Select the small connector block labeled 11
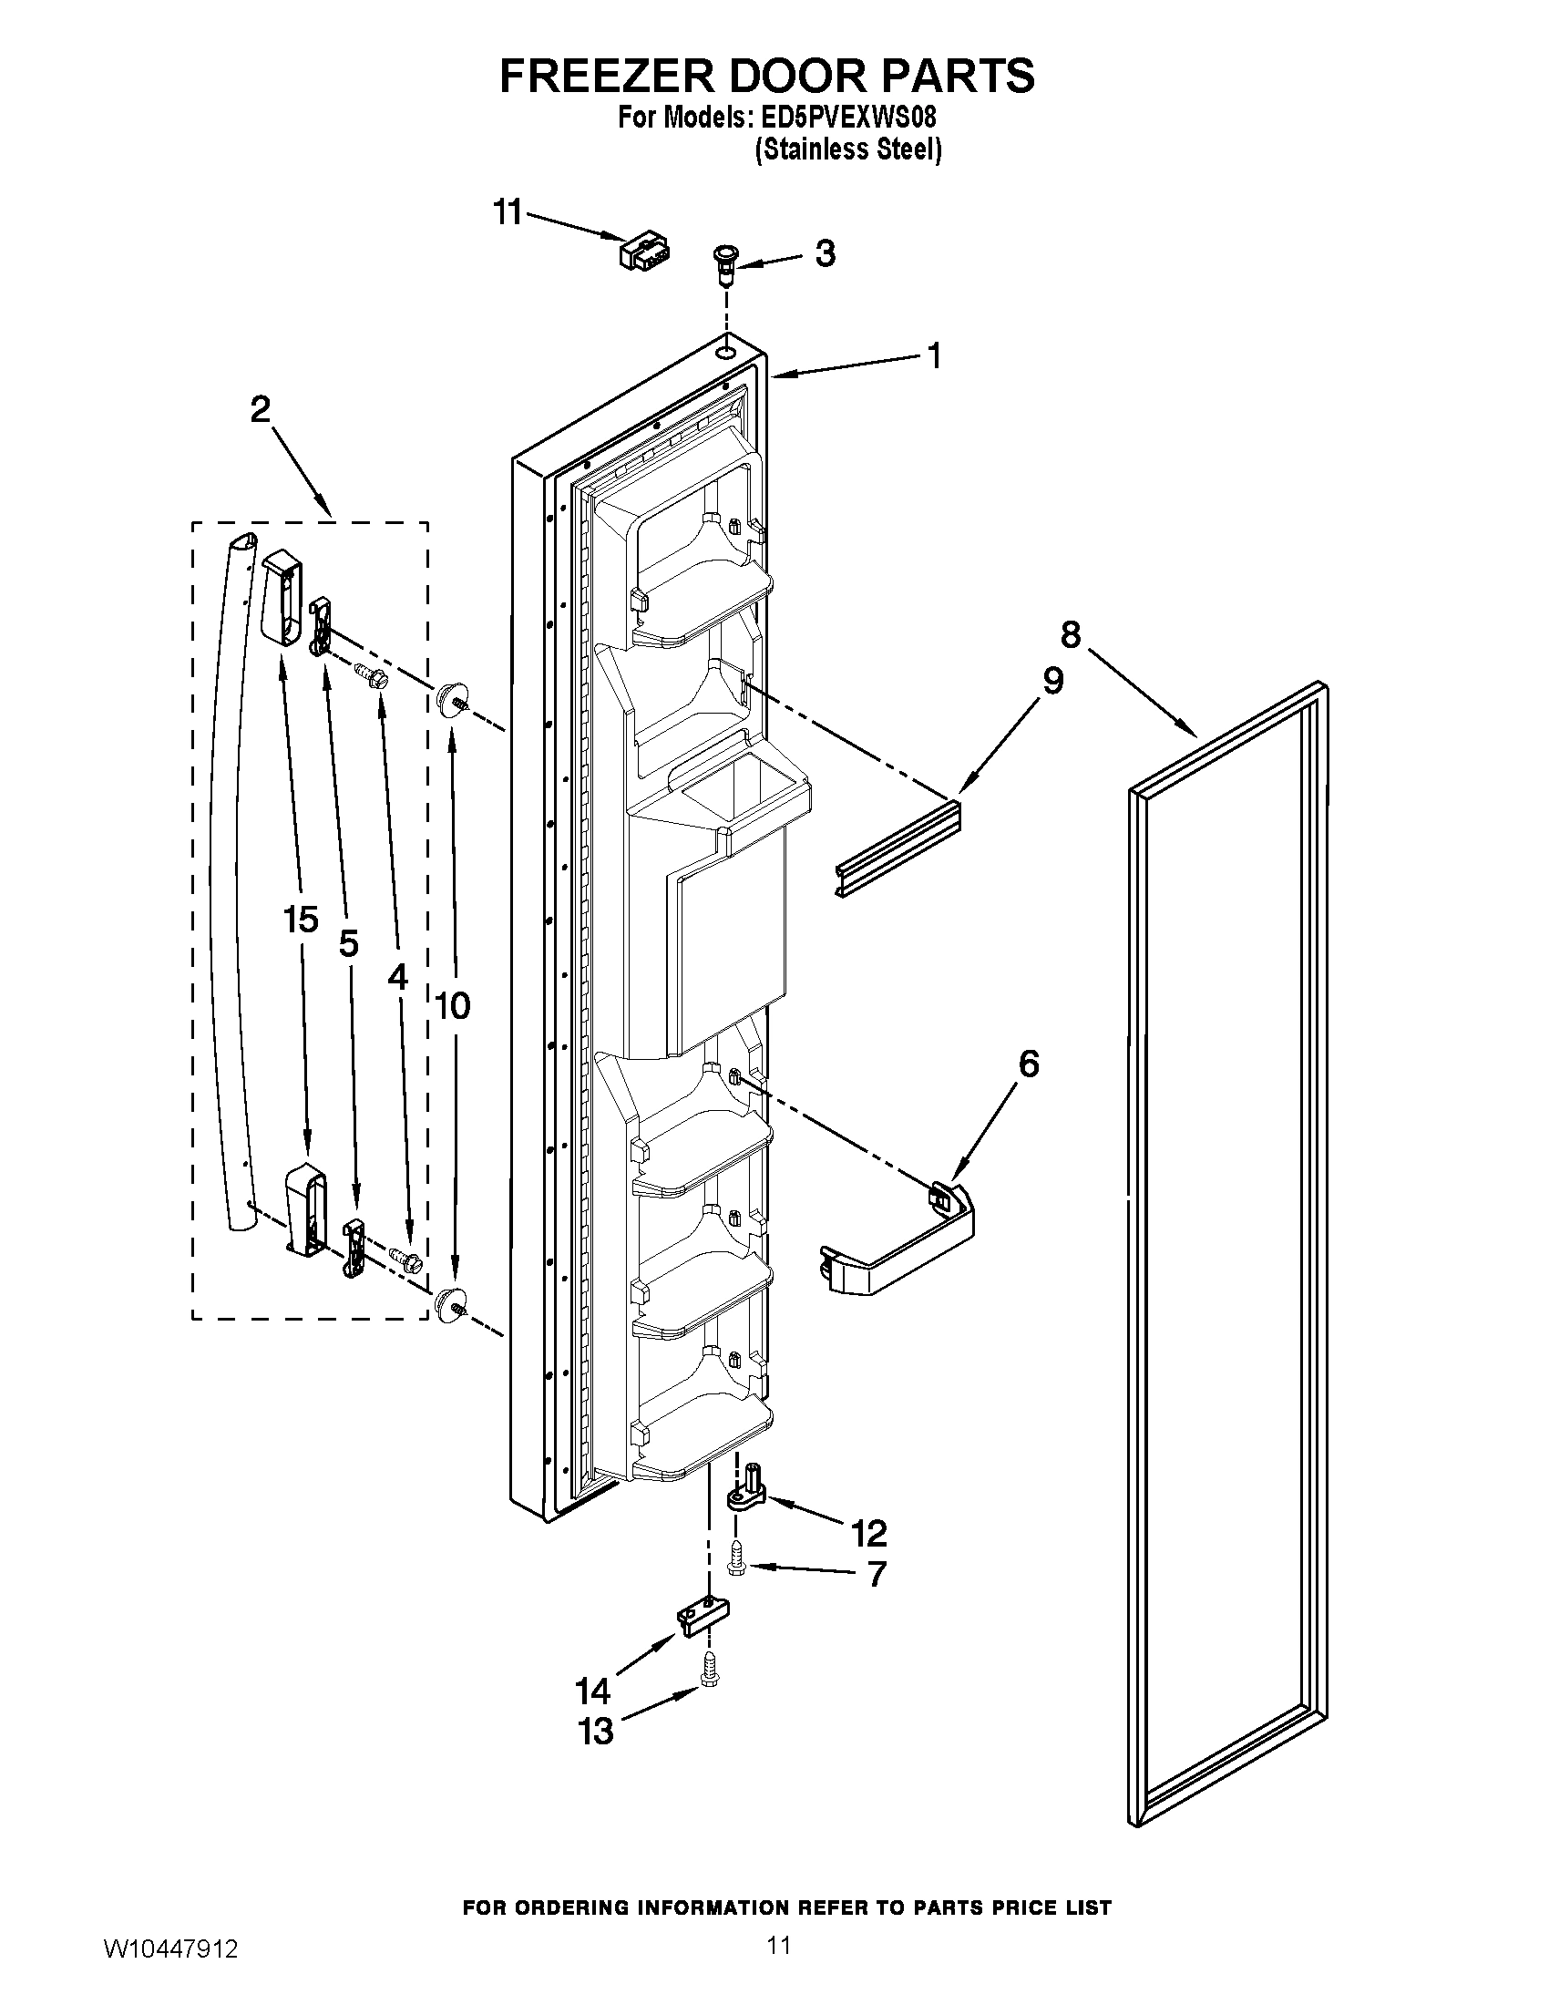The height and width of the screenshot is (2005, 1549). click(x=644, y=251)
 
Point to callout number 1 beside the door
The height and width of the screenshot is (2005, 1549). click(x=933, y=356)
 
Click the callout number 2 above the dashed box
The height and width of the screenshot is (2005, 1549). click(x=261, y=409)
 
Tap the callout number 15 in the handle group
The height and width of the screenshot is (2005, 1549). click(x=301, y=919)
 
